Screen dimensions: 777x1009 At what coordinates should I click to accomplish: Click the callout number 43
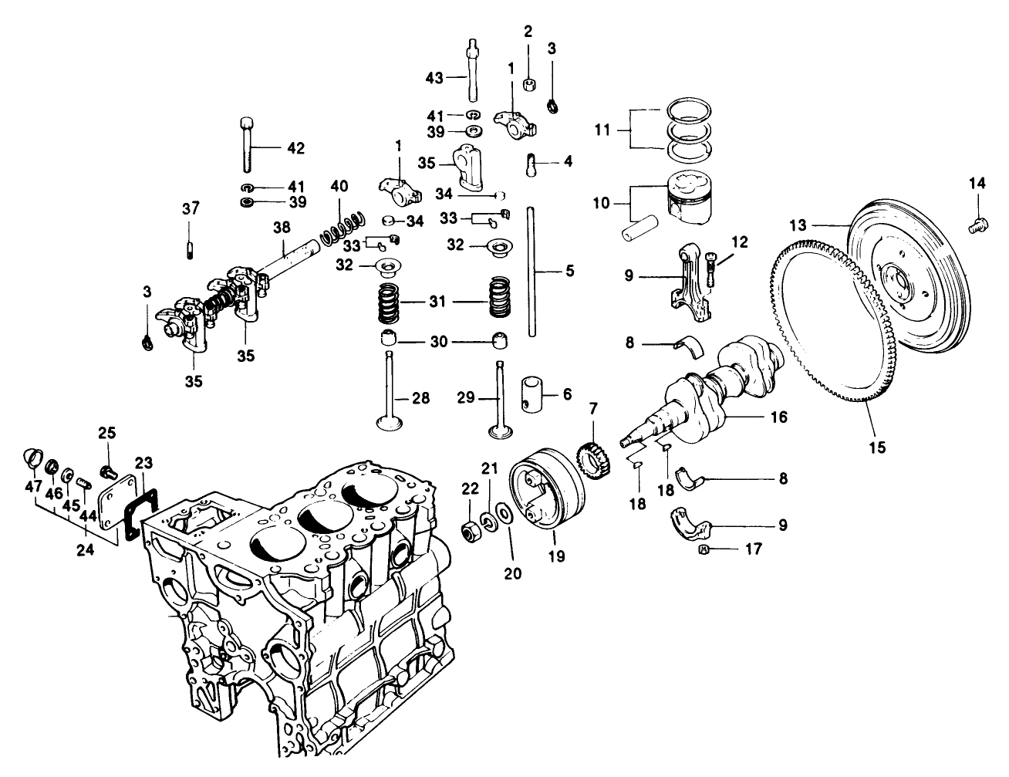(x=435, y=77)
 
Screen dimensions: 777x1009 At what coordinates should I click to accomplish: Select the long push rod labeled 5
(x=531, y=270)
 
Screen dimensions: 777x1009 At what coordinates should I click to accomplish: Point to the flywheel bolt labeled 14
(x=977, y=225)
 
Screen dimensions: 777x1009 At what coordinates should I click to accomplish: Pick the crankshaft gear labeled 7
(x=590, y=457)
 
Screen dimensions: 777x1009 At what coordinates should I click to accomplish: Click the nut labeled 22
(x=468, y=532)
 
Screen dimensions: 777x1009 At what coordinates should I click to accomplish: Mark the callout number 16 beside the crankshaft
(x=778, y=417)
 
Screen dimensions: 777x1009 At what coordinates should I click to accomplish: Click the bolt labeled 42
(x=247, y=144)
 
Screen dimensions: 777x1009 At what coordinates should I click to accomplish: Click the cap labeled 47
(x=31, y=458)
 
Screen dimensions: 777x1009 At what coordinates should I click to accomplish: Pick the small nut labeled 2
(x=528, y=82)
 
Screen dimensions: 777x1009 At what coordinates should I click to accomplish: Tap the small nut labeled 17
(x=703, y=549)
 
